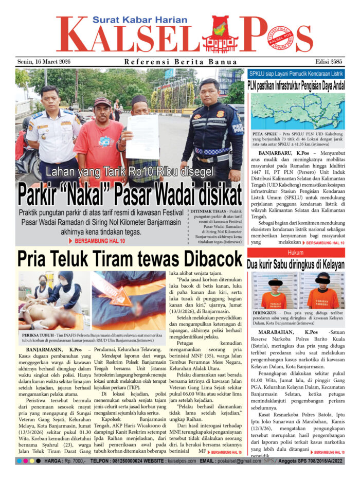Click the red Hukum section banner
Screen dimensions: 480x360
(x=296, y=253)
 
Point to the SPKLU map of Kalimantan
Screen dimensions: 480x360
(x=296, y=110)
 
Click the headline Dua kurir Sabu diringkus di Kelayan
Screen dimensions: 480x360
(x=296, y=264)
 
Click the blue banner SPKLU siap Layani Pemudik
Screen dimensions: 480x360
(x=296, y=74)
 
